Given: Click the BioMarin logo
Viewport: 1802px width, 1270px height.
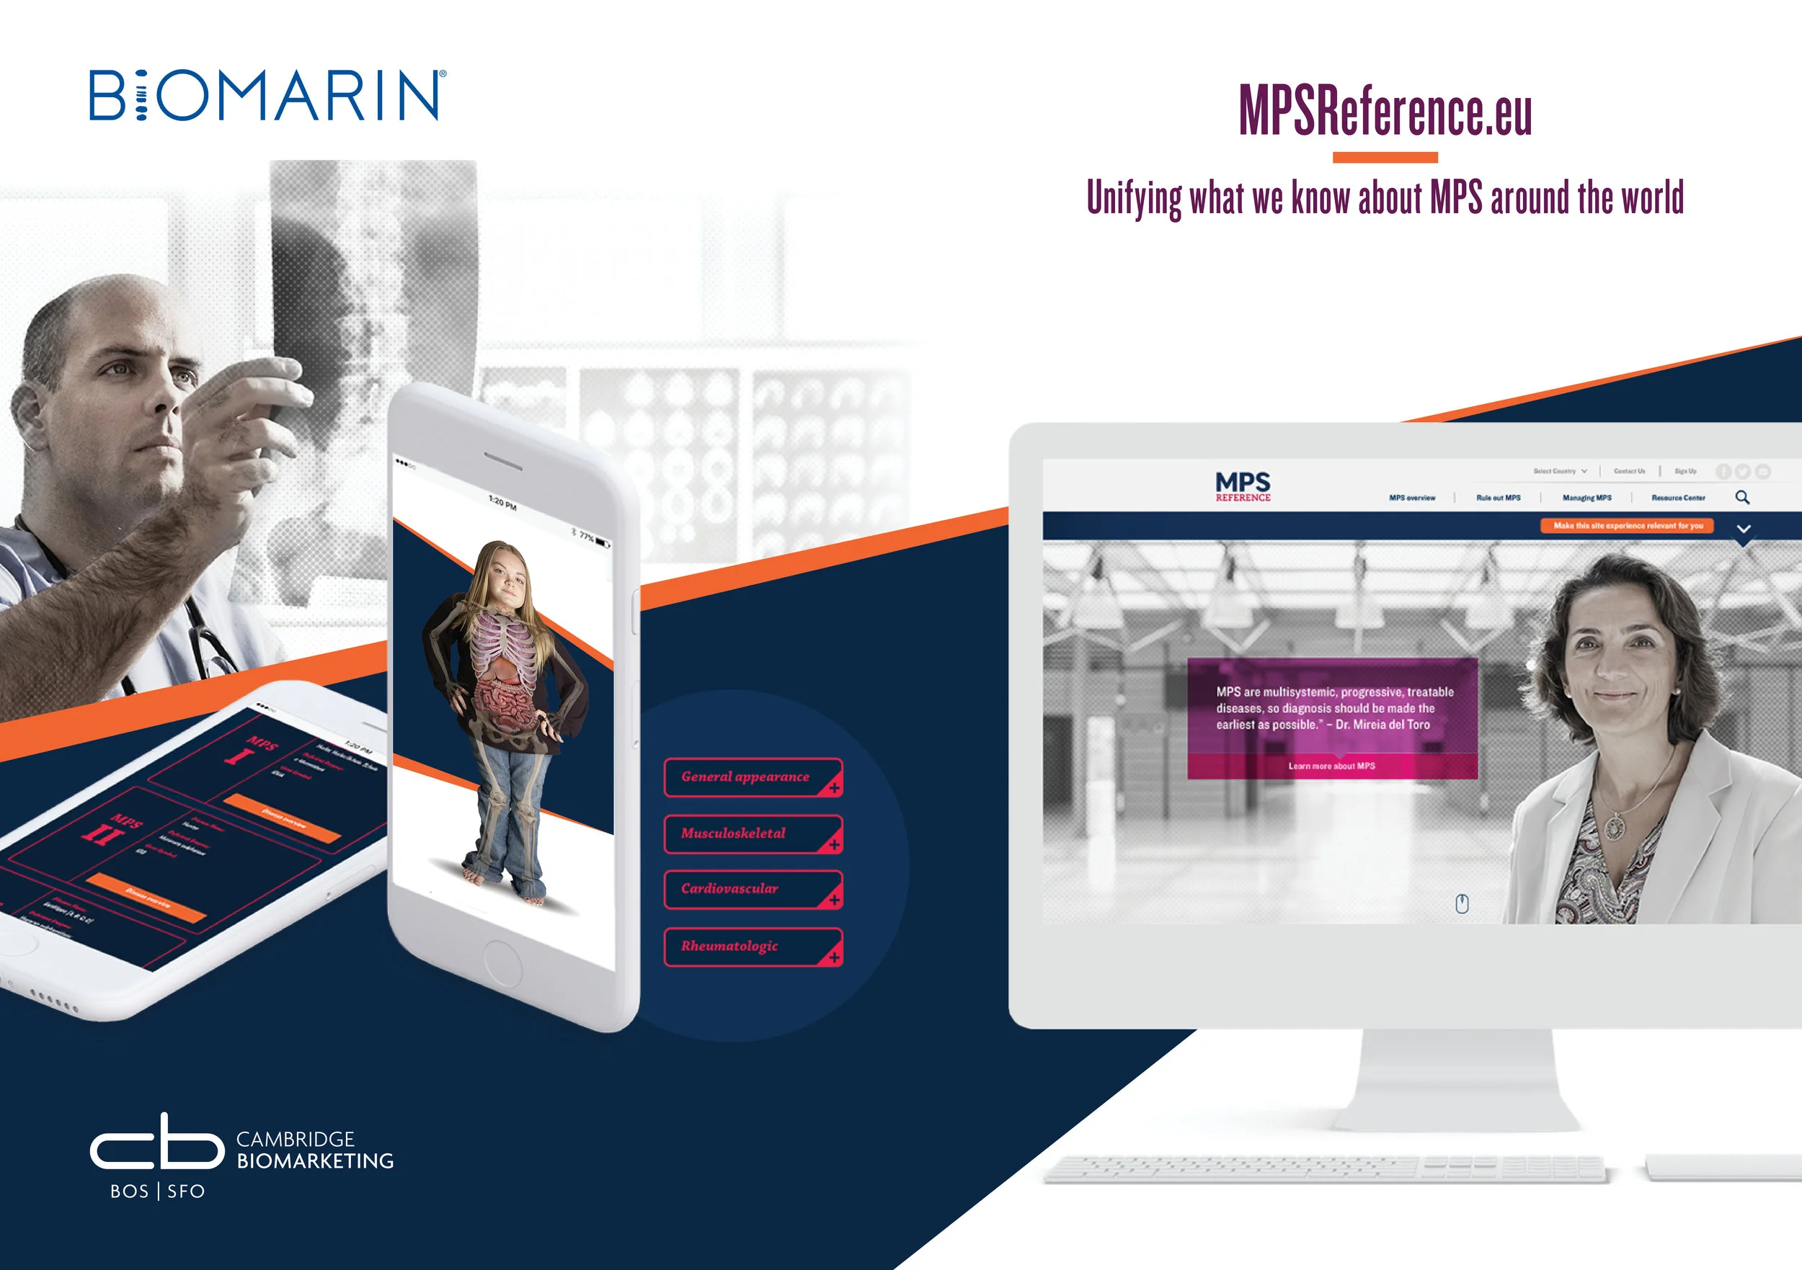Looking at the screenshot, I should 267,95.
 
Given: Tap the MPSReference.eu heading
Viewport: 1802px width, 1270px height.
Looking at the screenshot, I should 1385,112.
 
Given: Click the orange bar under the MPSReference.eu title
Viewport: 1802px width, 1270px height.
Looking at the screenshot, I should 1385,158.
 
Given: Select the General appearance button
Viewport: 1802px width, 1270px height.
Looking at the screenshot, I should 753,777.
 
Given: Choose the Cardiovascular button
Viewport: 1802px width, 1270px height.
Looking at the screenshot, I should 753,890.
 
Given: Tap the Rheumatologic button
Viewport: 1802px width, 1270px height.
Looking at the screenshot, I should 753,947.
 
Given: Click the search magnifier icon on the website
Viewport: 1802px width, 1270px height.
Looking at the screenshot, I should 1741,497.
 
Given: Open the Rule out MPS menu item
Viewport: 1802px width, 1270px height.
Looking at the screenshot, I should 1498,498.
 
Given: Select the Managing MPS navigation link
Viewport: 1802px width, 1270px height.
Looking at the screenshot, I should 1586,498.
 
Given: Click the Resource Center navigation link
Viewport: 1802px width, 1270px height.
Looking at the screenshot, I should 1677,498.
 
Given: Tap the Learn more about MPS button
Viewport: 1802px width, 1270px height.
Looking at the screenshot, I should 1331,766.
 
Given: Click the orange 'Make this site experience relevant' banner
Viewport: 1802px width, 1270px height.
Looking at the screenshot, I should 1627,526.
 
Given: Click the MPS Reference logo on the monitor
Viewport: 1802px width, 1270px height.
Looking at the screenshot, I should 1243,486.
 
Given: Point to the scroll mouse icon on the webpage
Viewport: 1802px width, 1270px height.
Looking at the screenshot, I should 1461,903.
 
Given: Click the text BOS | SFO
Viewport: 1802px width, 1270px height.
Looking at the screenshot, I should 157,1191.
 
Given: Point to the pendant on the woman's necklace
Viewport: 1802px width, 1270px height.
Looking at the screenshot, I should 1615,827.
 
